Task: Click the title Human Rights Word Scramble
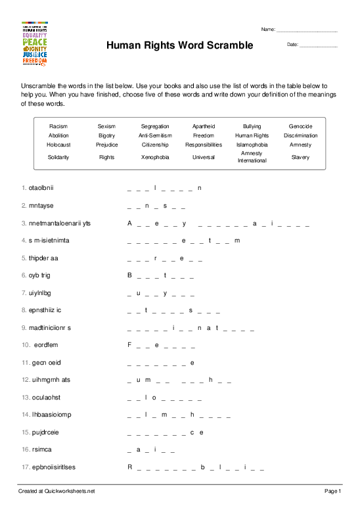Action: pyautogui.click(x=179, y=45)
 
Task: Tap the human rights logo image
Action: pyautogui.click(x=35, y=45)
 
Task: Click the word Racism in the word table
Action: pyautogui.click(x=58, y=126)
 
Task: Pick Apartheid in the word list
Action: pyautogui.click(x=204, y=126)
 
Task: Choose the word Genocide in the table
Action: pyautogui.click(x=300, y=126)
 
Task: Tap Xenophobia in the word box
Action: pyautogui.click(x=155, y=157)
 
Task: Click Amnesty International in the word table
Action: pyautogui.click(x=252, y=157)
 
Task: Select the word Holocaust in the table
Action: pyautogui.click(x=58, y=144)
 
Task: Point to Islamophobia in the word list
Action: pyautogui.click(x=252, y=144)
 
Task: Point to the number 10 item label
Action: pyautogui.click(x=26, y=344)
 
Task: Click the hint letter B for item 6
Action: pyautogui.click(x=130, y=275)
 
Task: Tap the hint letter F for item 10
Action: pyautogui.click(x=130, y=344)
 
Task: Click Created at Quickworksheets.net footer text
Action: pyautogui.click(x=57, y=491)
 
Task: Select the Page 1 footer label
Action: pyautogui.click(x=333, y=491)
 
